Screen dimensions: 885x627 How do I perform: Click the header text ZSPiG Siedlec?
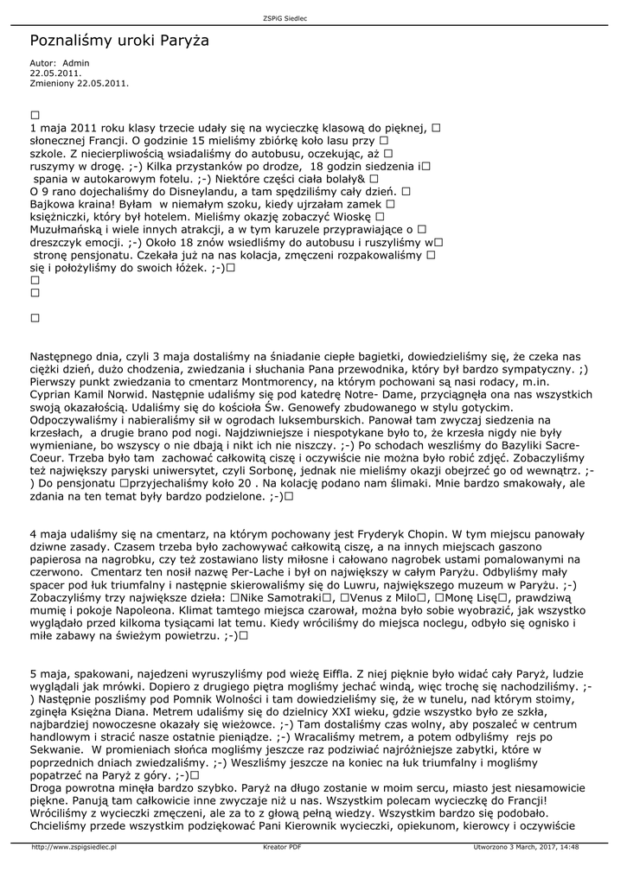pos(284,18)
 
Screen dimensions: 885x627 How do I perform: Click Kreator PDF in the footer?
pos(283,848)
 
